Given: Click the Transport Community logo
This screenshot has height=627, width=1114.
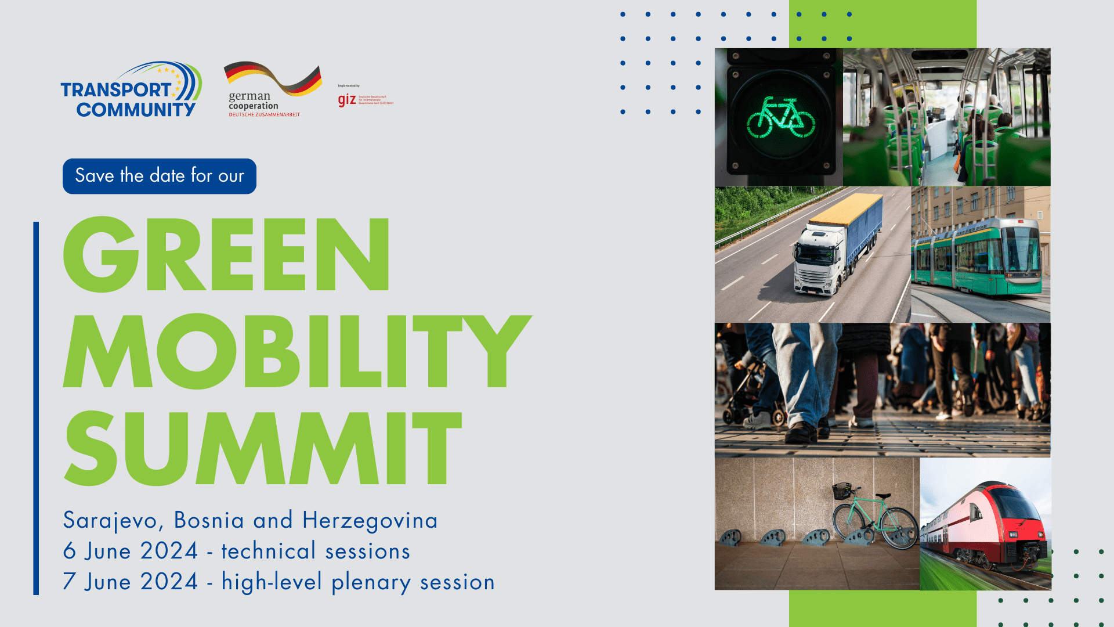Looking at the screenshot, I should (131, 91).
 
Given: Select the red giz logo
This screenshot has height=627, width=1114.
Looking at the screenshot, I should (347, 100).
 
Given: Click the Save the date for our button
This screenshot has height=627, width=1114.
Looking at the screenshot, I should (160, 176).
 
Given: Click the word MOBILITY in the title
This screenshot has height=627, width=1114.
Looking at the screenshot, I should (296, 351).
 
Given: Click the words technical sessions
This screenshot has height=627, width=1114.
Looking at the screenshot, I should (316, 552).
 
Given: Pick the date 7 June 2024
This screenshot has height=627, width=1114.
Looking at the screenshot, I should (131, 582).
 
